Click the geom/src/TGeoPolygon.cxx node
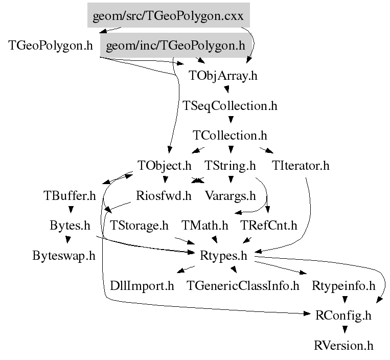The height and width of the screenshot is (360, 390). click(168, 15)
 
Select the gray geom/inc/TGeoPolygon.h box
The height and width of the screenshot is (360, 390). click(176, 46)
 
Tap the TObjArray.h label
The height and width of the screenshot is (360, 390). click(223, 75)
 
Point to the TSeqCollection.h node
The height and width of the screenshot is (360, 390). click(230, 105)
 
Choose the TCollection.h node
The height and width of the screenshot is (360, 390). click(230, 136)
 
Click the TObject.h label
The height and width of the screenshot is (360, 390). click(165, 166)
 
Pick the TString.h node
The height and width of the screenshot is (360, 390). click(230, 166)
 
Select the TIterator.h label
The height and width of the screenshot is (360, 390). click(301, 166)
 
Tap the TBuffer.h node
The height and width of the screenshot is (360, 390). click(70, 195)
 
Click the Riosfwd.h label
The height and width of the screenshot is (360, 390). click(164, 195)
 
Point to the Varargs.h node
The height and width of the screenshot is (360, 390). click(231, 196)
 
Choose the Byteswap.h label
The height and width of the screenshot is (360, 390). click(64, 256)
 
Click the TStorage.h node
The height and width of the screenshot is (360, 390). click(139, 226)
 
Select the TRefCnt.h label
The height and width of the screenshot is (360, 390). click(269, 226)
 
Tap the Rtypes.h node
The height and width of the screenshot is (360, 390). click(223, 256)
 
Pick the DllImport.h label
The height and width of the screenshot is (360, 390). click(142, 286)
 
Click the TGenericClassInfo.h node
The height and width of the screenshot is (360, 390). click(243, 286)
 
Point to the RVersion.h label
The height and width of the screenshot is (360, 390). click(343, 346)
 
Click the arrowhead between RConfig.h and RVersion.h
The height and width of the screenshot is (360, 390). click(345, 329)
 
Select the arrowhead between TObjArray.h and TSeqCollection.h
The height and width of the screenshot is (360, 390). click(226, 89)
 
